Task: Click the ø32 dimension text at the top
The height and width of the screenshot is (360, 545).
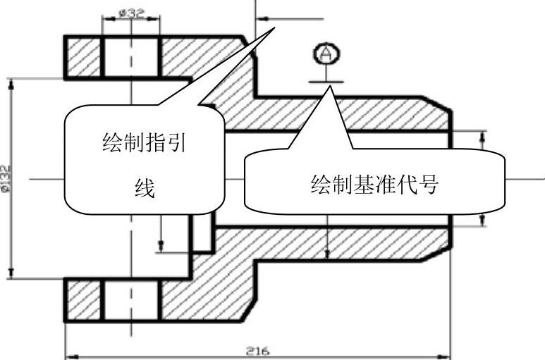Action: [x=130, y=13]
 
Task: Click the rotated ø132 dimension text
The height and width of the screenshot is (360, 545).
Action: [x=6, y=178]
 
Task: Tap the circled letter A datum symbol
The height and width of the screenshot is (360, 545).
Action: [x=325, y=54]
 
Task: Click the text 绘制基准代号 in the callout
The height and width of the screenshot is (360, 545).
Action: [x=374, y=185]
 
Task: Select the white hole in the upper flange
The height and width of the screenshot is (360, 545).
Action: [x=131, y=56]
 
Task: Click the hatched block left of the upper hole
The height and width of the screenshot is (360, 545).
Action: [x=83, y=56]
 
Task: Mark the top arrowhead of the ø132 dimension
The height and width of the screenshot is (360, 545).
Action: [x=11, y=83]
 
